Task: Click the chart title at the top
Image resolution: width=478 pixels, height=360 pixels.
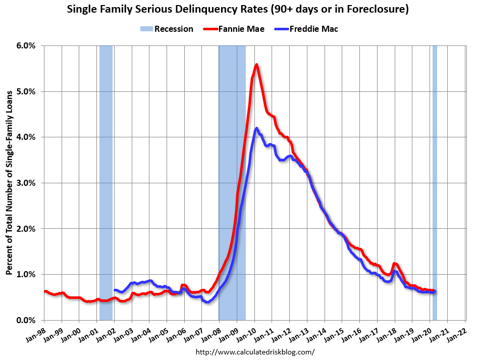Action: point(239,10)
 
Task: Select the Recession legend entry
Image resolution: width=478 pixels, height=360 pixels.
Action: point(167,29)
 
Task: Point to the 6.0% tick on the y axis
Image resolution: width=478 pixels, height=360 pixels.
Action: point(26,45)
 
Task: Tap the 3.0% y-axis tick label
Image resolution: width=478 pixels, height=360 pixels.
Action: point(26,183)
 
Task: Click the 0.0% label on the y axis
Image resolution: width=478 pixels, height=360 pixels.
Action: point(26,320)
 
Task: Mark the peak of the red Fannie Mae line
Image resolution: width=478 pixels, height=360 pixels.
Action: point(256,65)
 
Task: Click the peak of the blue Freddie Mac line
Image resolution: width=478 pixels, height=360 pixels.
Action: point(256,128)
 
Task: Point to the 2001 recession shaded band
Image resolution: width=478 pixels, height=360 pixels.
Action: point(105,182)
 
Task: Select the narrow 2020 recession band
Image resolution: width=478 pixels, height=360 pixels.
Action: point(435,182)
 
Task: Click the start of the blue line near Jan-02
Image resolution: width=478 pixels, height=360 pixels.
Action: point(115,290)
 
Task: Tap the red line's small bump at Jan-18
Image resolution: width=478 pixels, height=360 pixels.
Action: point(394,264)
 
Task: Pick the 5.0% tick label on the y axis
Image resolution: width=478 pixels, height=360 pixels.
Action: point(26,91)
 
